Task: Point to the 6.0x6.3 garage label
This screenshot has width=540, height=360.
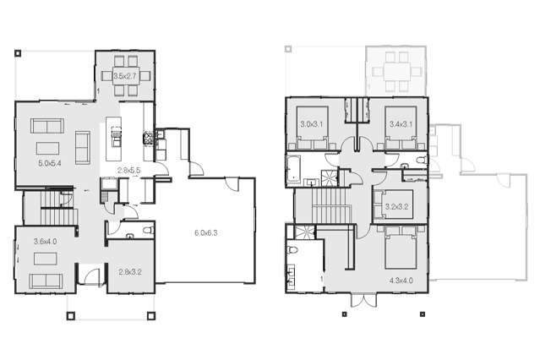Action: pos(206,232)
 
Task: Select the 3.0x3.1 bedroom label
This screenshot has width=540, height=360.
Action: pos(312,125)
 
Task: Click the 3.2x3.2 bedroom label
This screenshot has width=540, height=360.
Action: pos(396,205)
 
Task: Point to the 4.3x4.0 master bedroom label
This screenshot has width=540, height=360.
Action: pos(400,279)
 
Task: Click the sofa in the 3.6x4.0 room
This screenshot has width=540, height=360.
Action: pos(43,281)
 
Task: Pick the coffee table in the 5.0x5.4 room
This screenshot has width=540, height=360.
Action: pos(84,148)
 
